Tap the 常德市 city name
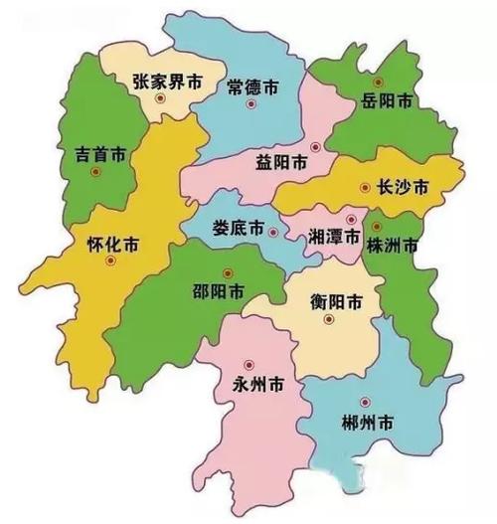[x=254, y=85]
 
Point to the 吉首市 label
[x=99, y=155]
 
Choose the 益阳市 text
[x=280, y=164]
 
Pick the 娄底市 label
[x=238, y=228]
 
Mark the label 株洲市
[x=392, y=244]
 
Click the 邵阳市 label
[x=218, y=293]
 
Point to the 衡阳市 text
[x=334, y=301]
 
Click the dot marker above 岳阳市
[x=377, y=81]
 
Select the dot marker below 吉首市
[x=95, y=172]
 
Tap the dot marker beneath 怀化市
[x=110, y=261]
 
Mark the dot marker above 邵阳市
[x=227, y=273]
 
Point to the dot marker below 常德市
[x=249, y=103]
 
